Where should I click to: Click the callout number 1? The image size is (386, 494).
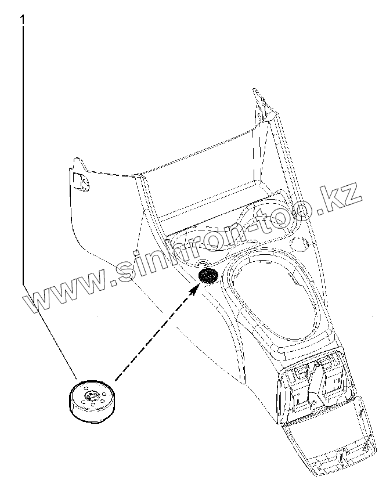pyautogui.click(x=23, y=20)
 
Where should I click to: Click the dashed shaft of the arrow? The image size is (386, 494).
pyautogui.click(x=154, y=331)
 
